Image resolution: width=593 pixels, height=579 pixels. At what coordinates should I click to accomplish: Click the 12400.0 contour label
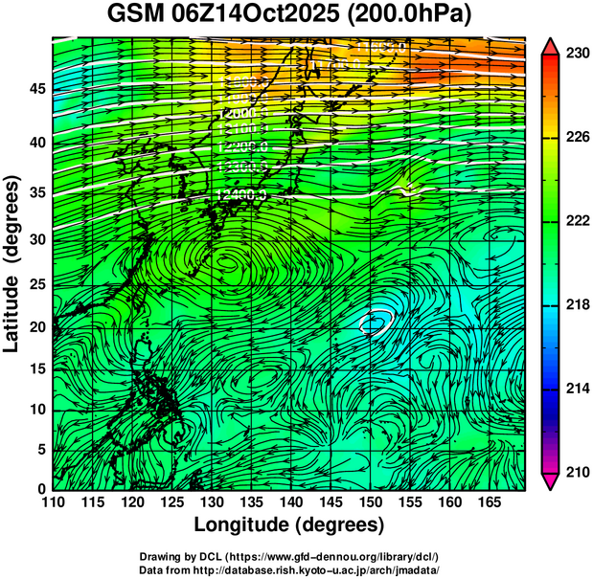[x=241, y=195]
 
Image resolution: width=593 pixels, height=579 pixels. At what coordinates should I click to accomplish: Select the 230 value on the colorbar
[x=577, y=55]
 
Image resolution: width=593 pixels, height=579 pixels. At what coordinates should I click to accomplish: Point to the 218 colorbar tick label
[x=577, y=304]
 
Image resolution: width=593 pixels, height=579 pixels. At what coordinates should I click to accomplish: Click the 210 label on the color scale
[x=577, y=471]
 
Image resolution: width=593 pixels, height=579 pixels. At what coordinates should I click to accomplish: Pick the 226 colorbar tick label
[x=577, y=138]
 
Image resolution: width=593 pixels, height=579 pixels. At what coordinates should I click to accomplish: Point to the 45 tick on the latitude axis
[x=34, y=89]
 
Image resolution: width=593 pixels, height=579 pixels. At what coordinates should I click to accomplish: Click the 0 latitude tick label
[x=39, y=489]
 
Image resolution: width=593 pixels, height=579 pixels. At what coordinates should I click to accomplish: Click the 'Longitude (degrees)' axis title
[x=289, y=524]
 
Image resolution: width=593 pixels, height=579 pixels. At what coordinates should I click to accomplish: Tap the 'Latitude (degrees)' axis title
[x=13, y=263]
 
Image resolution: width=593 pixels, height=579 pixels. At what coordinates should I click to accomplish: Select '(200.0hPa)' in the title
[x=412, y=16]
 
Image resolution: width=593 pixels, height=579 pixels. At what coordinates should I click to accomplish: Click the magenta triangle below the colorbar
[x=550, y=481]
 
